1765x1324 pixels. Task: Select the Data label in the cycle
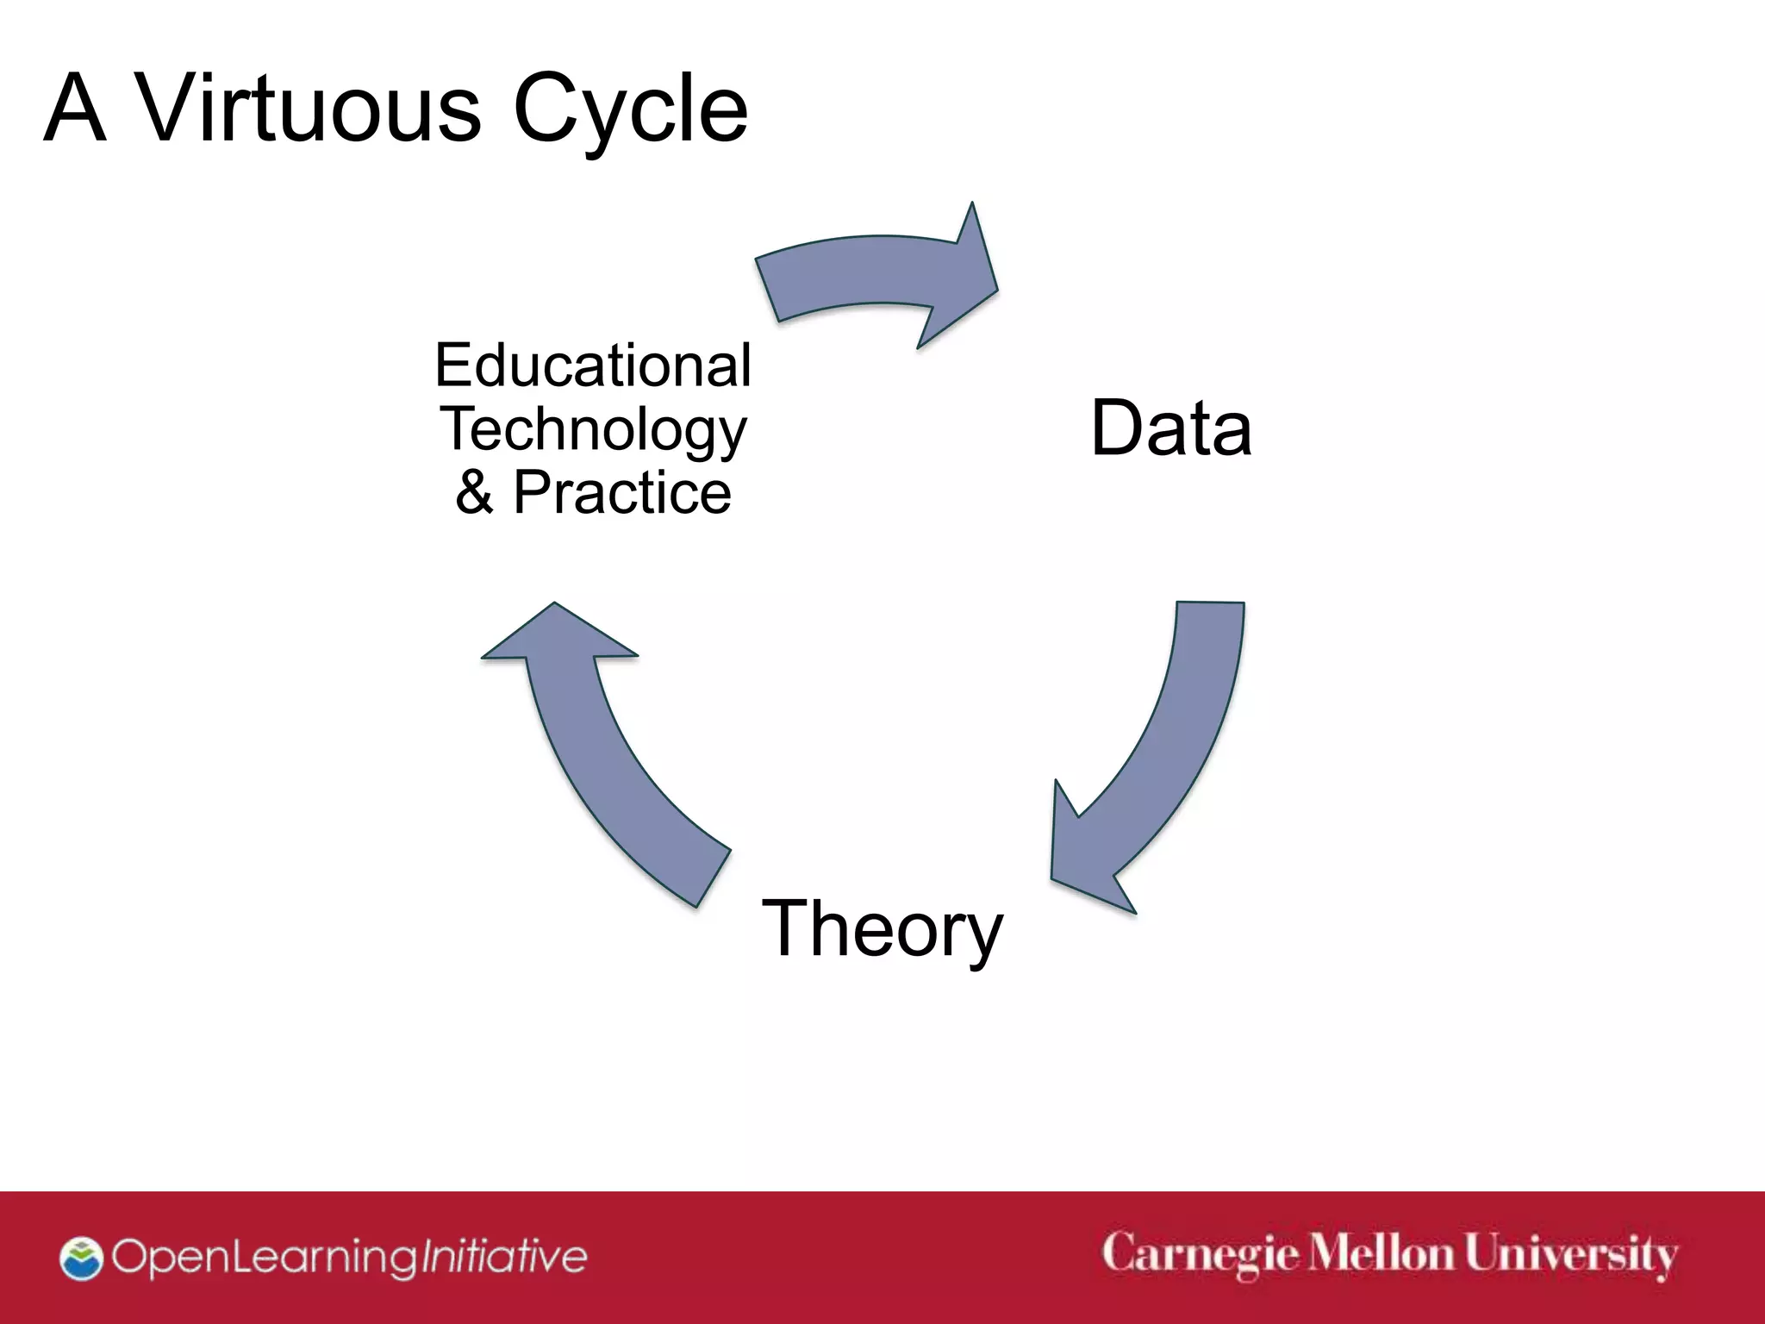click(1170, 428)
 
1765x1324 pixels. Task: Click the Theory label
click(882, 928)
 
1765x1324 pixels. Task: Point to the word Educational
click(593, 365)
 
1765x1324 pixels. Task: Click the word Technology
click(593, 430)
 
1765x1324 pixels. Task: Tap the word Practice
click(622, 492)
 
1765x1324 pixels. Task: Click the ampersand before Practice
click(475, 492)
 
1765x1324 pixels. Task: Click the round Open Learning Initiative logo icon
click(81, 1258)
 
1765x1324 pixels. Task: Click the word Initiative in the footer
click(502, 1257)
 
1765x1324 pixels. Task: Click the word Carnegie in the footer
click(1200, 1255)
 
